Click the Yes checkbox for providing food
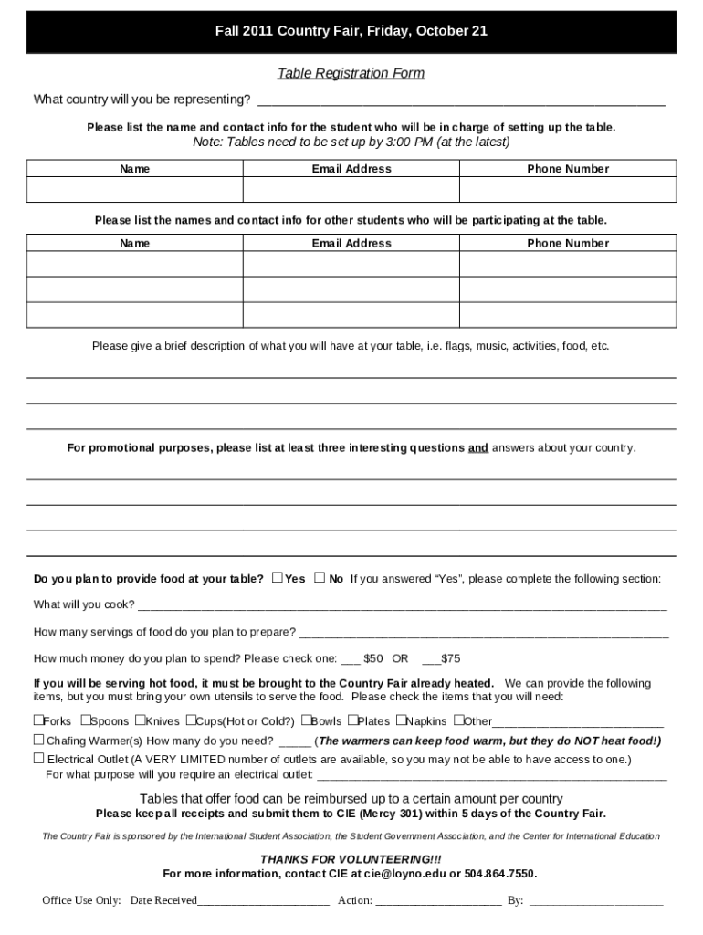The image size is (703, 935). point(277,577)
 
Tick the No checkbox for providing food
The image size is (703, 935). point(320,577)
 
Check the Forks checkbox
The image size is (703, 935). point(39,720)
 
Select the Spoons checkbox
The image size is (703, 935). point(86,720)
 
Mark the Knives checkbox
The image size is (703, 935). point(139,720)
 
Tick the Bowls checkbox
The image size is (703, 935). point(306,720)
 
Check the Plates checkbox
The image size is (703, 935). point(351,720)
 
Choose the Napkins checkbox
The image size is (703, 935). point(400,720)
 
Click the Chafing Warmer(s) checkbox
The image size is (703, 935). point(39,740)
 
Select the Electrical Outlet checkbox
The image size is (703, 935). point(39,758)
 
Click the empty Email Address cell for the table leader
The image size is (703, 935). point(351,189)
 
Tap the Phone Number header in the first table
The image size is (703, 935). point(567,169)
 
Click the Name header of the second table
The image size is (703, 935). point(134,244)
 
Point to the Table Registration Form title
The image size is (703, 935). point(351,73)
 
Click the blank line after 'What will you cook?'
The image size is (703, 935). point(402,604)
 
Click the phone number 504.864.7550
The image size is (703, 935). point(500,874)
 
